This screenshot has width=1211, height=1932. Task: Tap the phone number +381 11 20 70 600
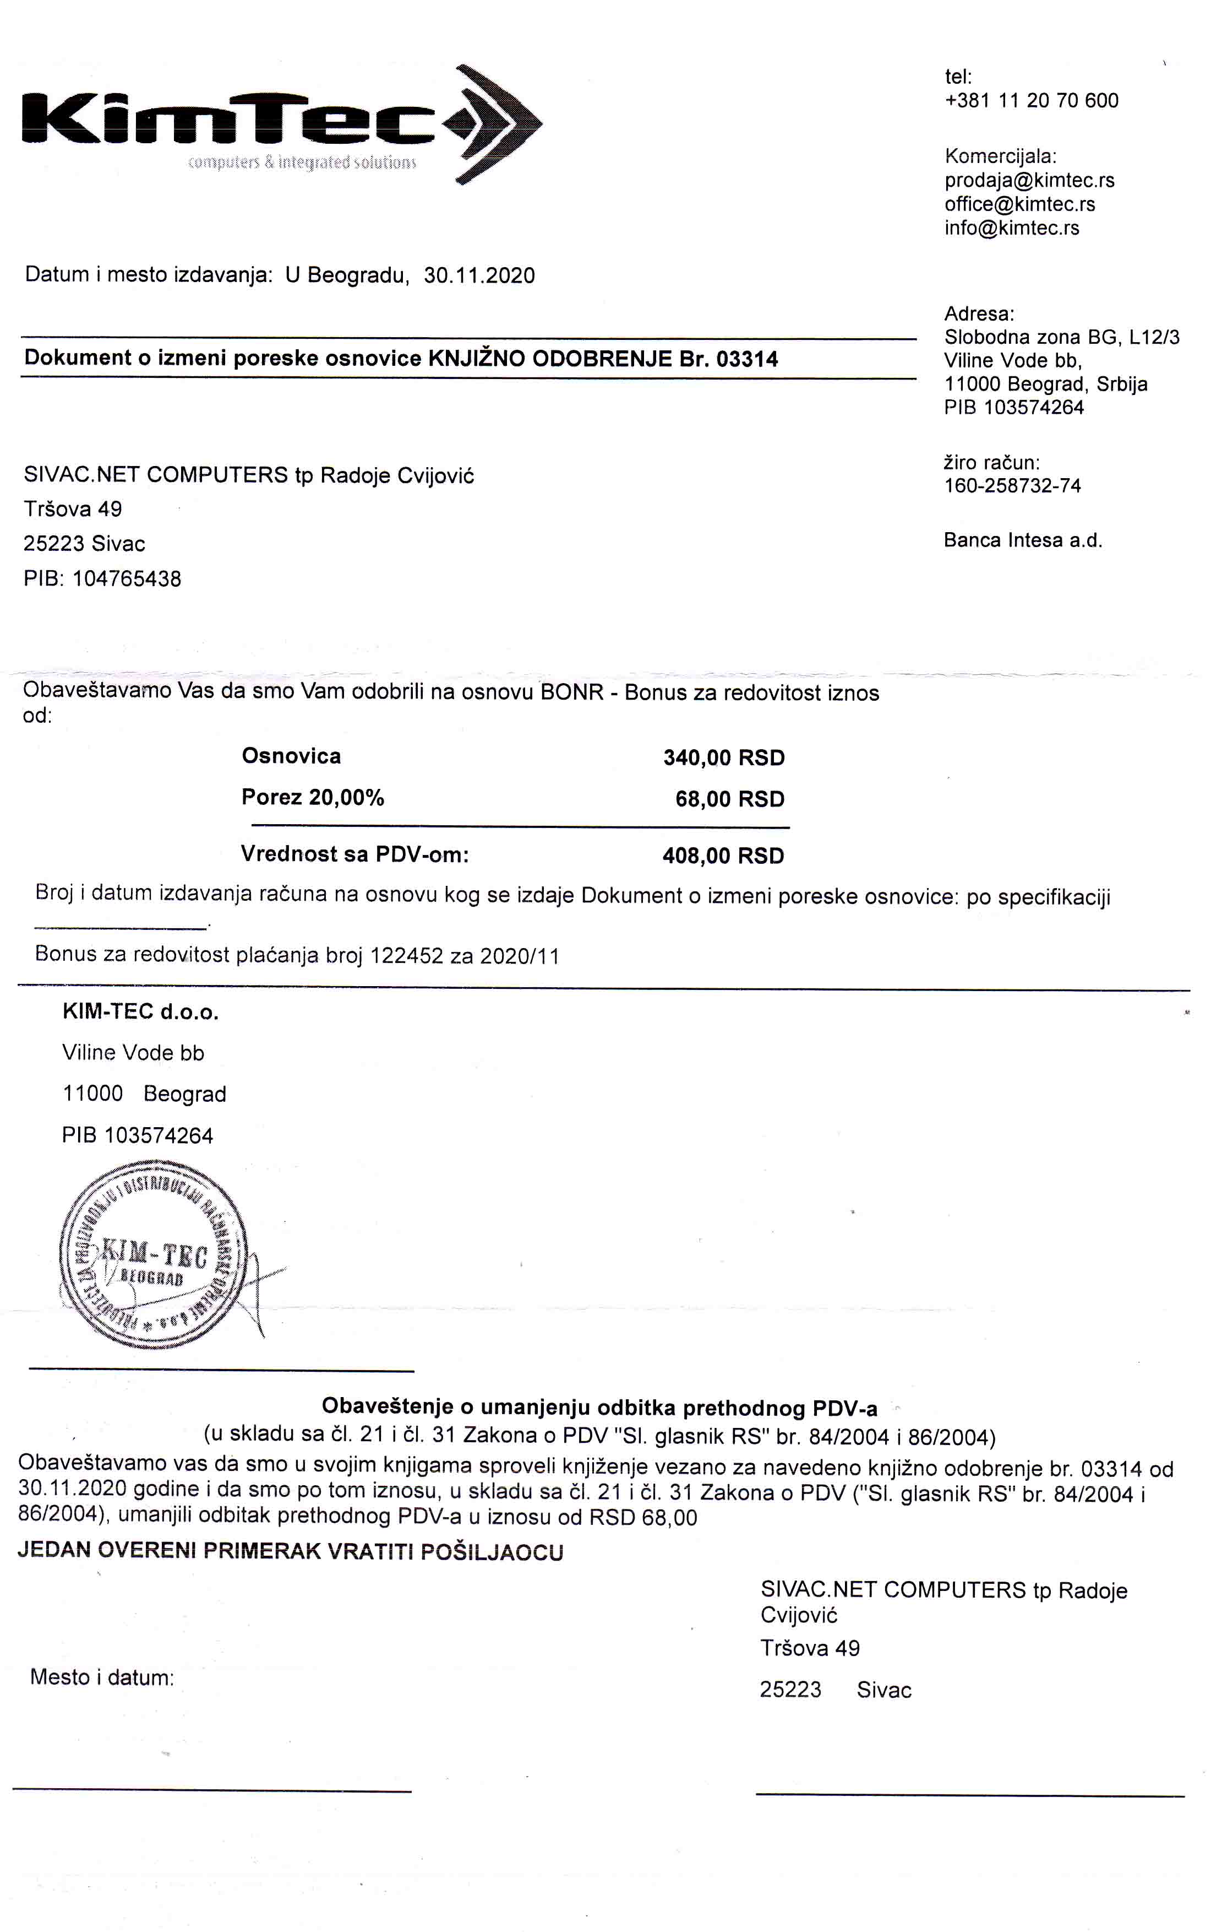pyautogui.click(x=1032, y=101)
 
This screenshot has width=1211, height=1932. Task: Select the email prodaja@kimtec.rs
pyautogui.click(x=1029, y=180)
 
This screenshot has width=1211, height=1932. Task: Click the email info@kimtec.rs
pyautogui.click(x=1012, y=229)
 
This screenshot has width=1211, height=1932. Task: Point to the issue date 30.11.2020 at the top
pyautogui.click(x=479, y=275)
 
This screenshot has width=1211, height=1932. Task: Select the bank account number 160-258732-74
pyautogui.click(x=1012, y=486)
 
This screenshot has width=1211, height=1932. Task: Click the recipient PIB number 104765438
pyautogui.click(x=127, y=580)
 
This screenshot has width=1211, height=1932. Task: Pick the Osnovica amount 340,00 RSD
pyautogui.click(x=723, y=758)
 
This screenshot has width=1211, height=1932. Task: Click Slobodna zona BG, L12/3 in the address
pyautogui.click(x=1061, y=337)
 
